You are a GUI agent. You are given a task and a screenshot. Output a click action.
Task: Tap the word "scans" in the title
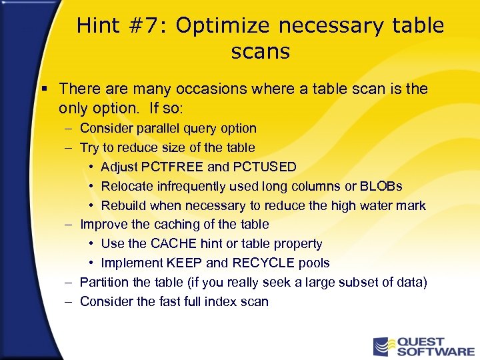point(260,52)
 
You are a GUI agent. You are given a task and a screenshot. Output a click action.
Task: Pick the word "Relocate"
point(128,186)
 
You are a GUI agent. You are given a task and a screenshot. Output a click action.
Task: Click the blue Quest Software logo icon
point(383,345)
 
